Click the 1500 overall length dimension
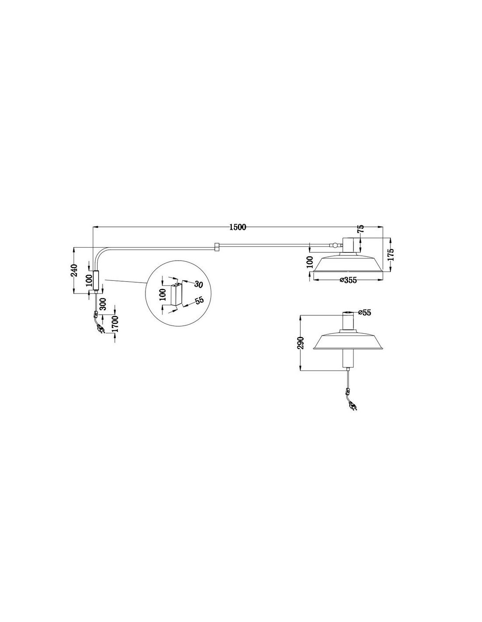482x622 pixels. click(x=237, y=227)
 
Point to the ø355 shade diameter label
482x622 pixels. click(x=348, y=280)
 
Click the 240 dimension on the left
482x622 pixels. click(x=74, y=270)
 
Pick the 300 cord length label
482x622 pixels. click(x=103, y=304)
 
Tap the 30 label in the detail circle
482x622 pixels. click(x=198, y=284)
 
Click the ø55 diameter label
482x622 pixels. click(x=365, y=313)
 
